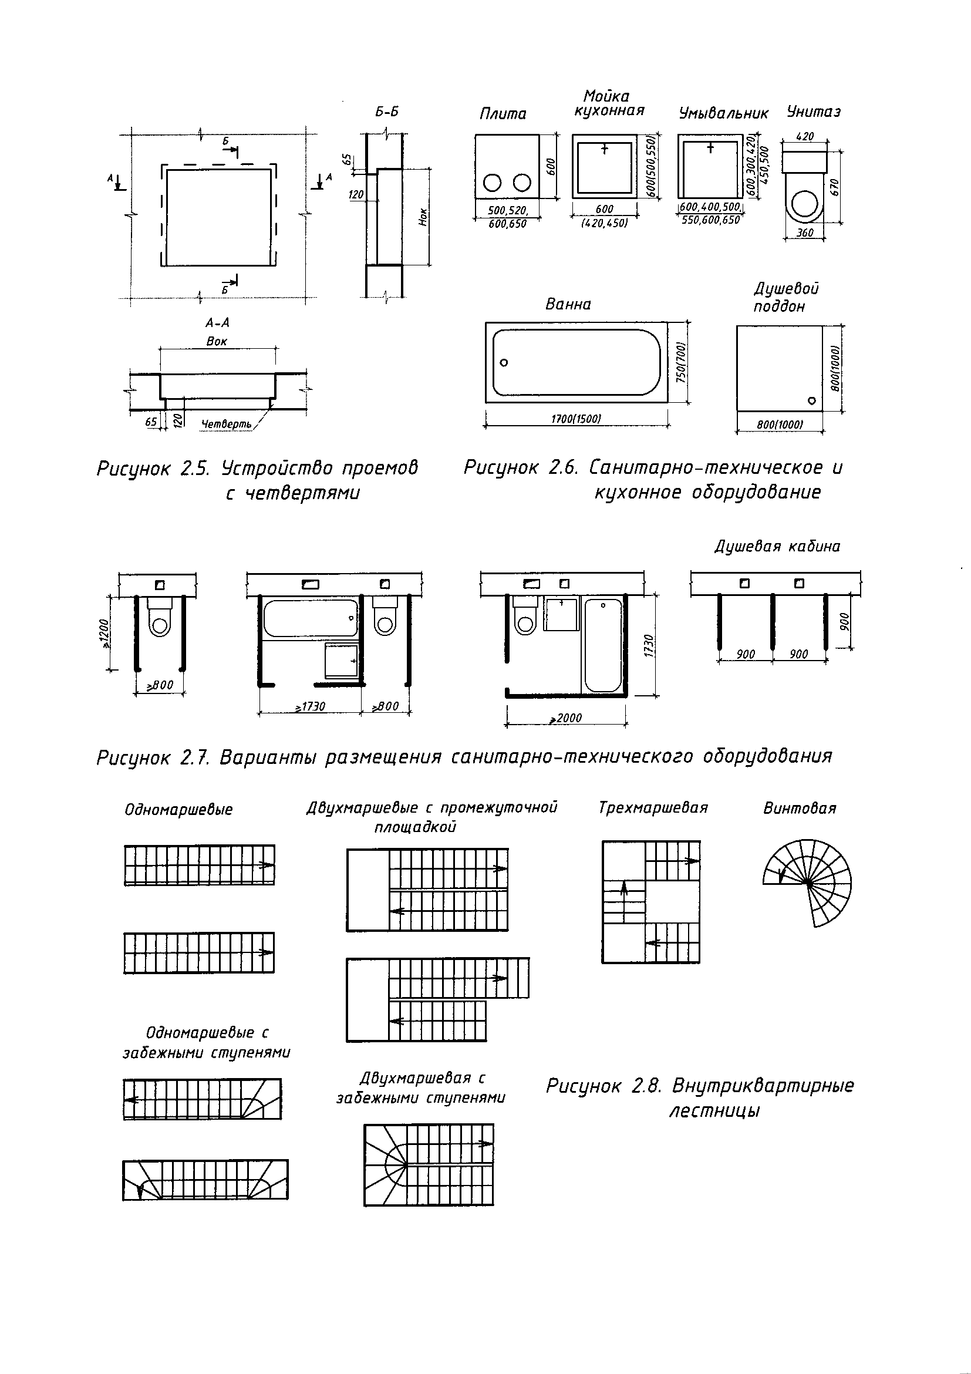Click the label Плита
point(503,114)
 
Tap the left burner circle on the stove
point(493,183)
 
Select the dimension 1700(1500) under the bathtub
point(575,418)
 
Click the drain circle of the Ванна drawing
point(504,363)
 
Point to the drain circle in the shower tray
point(811,400)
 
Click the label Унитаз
point(814,112)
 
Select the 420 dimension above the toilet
point(805,136)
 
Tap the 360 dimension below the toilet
point(805,232)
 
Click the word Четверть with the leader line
point(226,425)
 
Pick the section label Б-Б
point(386,112)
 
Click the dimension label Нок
point(423,217)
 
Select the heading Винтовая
point(800,809)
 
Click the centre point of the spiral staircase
point(807,882)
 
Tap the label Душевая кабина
point(777,546)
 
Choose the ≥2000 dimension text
point(566,718)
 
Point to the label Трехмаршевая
point(653,808)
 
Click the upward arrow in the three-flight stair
point(623,901)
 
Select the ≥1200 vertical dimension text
point(104,633)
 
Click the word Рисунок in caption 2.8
point(584,1086)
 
